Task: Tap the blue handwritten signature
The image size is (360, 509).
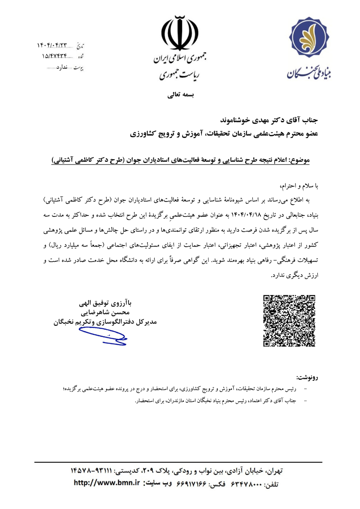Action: [x=102, y=336]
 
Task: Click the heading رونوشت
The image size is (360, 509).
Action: [x=307, y=375]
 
